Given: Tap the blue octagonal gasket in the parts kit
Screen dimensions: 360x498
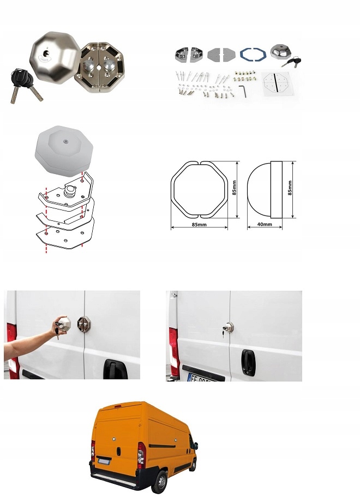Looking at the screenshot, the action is coord(253,54).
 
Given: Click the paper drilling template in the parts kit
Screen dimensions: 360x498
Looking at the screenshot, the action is coord(275,82).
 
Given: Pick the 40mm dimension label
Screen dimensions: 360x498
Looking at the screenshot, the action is coord(265,224).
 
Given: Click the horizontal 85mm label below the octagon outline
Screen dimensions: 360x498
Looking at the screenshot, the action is coord(199,224).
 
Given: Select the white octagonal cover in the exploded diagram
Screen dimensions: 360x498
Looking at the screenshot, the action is coord(64,150).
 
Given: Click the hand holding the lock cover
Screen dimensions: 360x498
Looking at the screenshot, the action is coord(59,324).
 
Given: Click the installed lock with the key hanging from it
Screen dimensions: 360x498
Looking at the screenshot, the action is coord(228,327).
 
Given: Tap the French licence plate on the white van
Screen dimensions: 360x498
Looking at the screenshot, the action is coord(202,377).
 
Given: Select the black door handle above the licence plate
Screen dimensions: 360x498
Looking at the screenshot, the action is coord(248,362).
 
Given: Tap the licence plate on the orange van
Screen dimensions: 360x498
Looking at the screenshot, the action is coord(104,461).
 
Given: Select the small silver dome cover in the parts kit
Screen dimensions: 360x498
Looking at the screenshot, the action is coord(281,52).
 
